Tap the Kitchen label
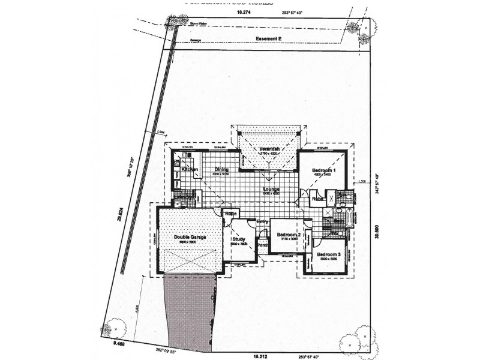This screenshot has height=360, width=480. click(190, 170)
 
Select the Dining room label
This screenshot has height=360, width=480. click(222, 170)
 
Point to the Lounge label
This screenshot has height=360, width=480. click(271, 189)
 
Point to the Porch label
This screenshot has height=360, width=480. click(262, 245)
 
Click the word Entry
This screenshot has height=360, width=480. click(262, 222)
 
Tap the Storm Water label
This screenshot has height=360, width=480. click(198, 23)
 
